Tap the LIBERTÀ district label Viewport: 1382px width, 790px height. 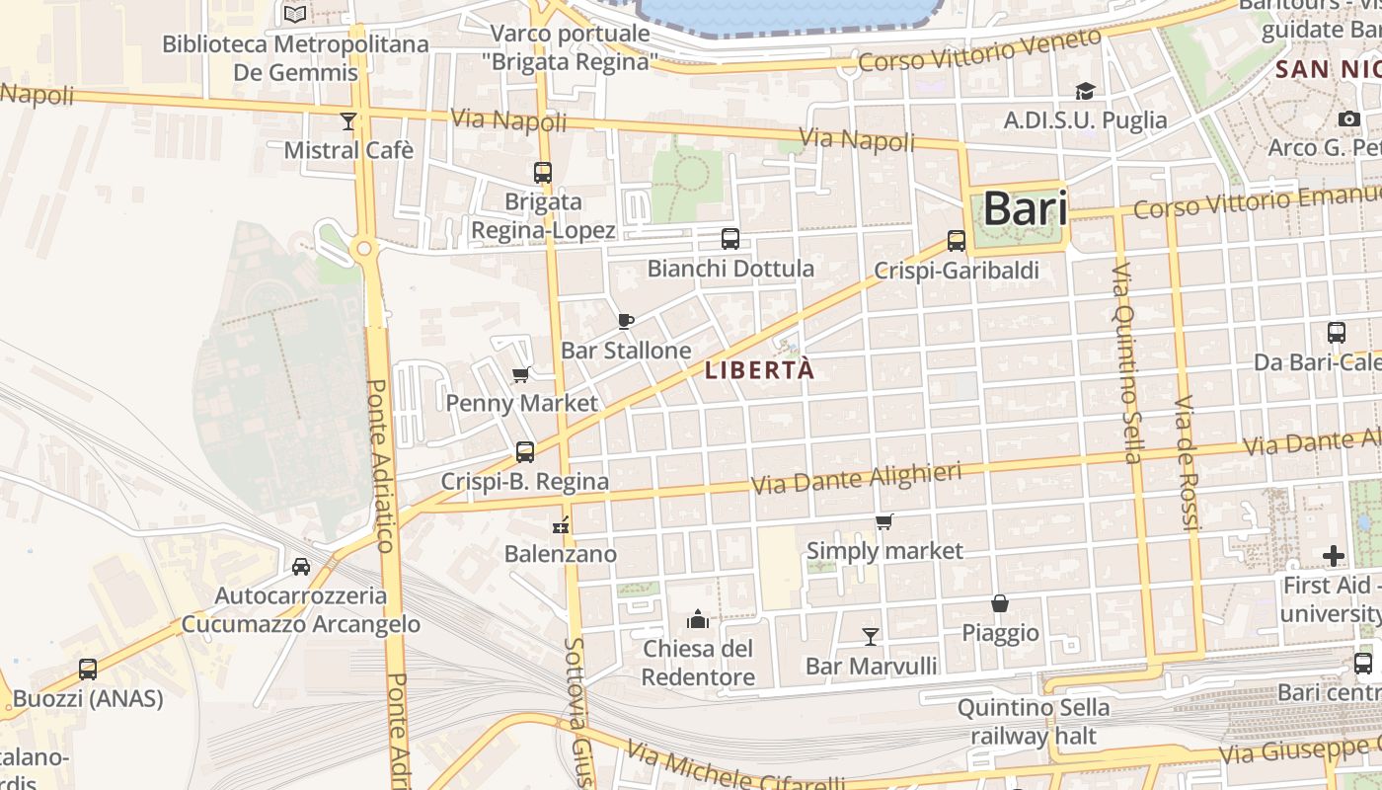coord(760,370)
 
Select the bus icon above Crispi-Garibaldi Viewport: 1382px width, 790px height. coord(956,240)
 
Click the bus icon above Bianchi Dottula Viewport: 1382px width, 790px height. coord(729,238)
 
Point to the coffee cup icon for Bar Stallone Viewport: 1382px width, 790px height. coord(625,321)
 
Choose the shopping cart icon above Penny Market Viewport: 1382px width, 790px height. coord(521,374)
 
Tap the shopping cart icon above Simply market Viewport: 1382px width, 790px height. coord(883,521)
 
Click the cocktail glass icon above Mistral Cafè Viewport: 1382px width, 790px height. coord(347,120)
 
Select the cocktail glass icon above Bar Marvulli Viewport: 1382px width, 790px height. coord(870,636)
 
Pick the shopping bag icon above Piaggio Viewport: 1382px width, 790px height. coord(1000,602)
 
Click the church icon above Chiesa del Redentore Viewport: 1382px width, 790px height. coord(698,619)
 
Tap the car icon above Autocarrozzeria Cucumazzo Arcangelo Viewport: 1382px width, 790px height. coord(301,566)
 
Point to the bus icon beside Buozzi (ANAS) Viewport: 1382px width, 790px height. coord(88,669)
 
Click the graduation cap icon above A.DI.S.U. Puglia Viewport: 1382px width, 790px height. coord(1085,91)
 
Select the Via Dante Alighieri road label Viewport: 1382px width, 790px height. coord(856,479)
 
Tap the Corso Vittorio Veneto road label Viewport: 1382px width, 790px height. coord(979,50)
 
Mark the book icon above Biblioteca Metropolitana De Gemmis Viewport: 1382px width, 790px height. coord(294,14)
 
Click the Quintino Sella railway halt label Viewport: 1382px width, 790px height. coord(1033,722)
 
